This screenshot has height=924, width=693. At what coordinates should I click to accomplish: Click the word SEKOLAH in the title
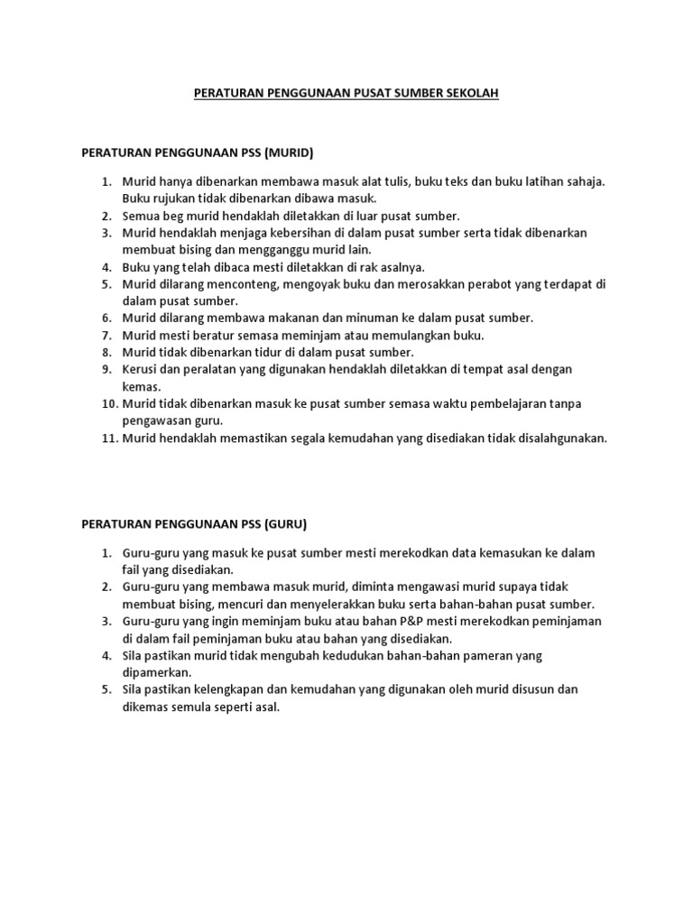click(x=467, y=93)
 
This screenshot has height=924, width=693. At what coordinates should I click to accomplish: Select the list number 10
click(x=107, y=403)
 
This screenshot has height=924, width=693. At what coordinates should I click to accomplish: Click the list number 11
click(x=107, y=439)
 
